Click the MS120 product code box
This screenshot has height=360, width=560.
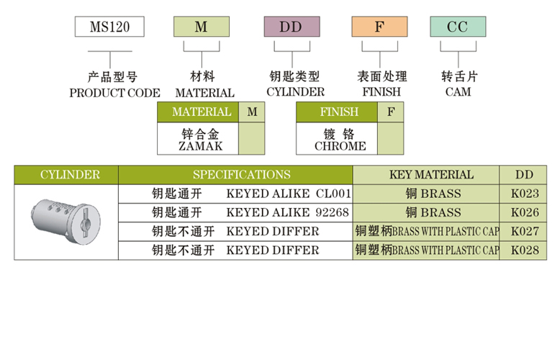(109, 27)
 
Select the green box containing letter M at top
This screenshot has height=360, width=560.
(202, 27)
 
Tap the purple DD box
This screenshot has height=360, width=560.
(292, 27)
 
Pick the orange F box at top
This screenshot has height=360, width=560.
(379, 27)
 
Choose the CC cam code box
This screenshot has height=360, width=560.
(458, 27)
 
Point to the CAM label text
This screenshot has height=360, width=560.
(458, 92)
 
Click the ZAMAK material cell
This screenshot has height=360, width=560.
(198, 139)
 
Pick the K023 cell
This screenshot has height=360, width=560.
(524, 194)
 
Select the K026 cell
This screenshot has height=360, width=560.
(524, 212)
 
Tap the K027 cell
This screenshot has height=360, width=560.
(524, 232)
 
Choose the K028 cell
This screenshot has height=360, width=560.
(524, 251)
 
